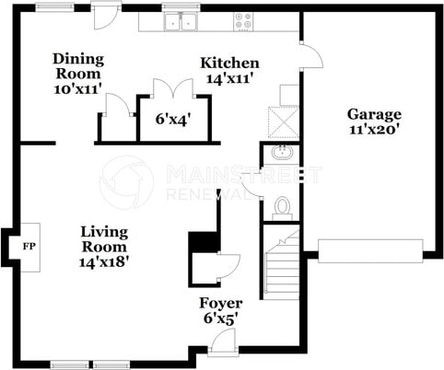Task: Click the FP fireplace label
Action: tap(29, 247)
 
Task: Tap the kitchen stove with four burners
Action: tap(243, 21)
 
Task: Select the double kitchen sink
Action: tap(181, 21)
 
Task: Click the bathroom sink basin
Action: tap(282, 153)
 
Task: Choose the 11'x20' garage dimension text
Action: tap(374, 129)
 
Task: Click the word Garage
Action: tap(374, 115)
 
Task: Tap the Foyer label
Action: tap(221, 304)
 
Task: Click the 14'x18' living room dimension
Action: tap(104, 261)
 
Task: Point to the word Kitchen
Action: tap(229, 64)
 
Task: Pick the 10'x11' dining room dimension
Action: tap(78, 89)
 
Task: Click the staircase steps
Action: tap(282, 265)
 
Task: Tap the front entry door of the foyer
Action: tap(223, 341)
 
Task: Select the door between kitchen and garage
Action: tap(311, 55)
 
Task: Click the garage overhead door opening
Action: tap(370, 251)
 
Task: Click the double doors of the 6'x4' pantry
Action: tap(173, 88)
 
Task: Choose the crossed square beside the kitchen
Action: tap(283, 121)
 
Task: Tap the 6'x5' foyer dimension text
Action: tap(221, 318)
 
